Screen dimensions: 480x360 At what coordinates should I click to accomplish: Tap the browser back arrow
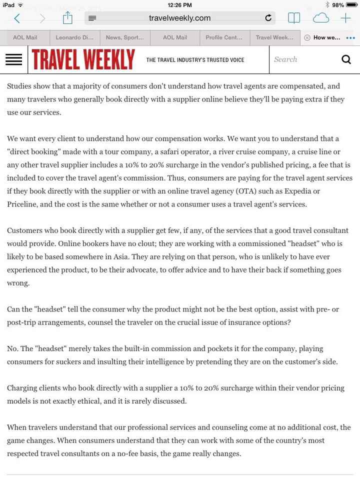(17, 18)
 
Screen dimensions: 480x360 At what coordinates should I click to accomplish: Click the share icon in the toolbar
(67, 18)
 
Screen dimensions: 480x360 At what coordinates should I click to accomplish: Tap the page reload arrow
(268, 18)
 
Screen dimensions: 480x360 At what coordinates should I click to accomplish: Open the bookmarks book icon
(293, 18)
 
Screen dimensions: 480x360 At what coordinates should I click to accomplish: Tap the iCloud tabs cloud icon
(320, 18)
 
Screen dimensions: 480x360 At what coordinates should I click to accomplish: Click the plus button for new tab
(345, 18)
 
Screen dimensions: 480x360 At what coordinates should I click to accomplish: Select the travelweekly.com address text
(179, 18)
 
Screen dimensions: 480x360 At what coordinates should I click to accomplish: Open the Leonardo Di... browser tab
(74, 37)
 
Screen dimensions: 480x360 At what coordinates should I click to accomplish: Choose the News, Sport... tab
(124, 37)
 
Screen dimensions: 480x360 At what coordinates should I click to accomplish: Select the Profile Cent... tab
(224, 37)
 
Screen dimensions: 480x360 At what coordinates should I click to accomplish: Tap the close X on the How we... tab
(307, 37)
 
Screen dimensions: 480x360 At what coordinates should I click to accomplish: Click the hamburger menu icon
(13, 60)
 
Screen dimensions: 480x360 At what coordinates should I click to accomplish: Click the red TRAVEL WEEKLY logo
(83, 60)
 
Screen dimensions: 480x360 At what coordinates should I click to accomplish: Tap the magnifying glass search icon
(346, 60)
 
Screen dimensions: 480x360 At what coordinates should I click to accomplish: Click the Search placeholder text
(285, 59)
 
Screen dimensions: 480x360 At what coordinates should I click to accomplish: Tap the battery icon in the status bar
(351, 4)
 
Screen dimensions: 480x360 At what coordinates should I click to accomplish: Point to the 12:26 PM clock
(180, 4)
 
